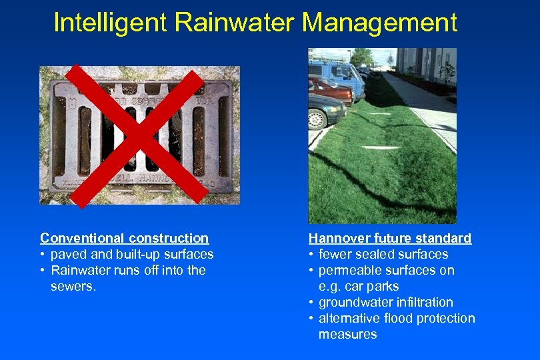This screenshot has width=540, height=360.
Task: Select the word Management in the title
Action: tap(379, 22)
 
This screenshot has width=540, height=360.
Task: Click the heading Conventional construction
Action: tap(124, 238)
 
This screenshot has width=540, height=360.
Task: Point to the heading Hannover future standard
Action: tap(389, 238)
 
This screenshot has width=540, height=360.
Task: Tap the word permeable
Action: tap(348, 271)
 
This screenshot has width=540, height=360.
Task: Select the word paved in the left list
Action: tap(68, 255)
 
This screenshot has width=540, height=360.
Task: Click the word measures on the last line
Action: tap(347, 335)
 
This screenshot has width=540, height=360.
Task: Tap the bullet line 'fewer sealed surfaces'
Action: tap(383, 255)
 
